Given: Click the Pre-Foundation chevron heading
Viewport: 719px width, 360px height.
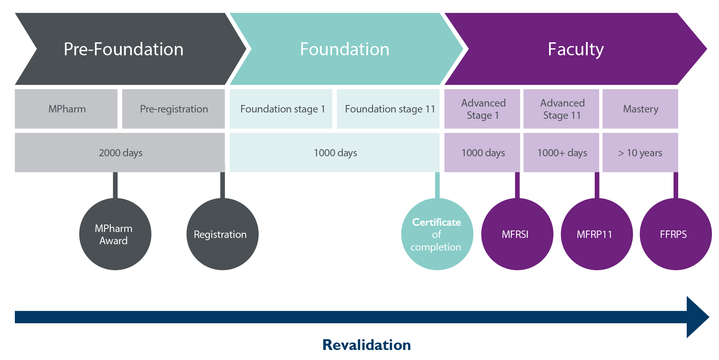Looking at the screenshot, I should point(124,49).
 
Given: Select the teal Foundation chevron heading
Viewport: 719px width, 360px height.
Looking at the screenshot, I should point(344,49).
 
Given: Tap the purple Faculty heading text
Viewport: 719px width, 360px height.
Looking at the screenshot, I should point(575,49).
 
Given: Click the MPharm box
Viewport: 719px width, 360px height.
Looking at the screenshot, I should point(67,109).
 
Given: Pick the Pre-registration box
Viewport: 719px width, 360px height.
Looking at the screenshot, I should point(174,109).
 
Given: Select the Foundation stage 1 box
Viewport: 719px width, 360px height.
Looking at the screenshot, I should point(282,109).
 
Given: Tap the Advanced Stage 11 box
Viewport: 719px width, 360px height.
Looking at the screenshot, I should point(562,109).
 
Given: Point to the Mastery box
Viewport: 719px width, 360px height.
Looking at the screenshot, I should point(640,109).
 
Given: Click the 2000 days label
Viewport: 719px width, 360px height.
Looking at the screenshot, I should point(120,153).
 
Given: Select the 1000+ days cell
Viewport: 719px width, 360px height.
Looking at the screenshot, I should point(562,153).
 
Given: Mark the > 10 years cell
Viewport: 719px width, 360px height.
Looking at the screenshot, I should point(640,153).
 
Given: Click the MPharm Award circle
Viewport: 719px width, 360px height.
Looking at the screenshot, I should point(115,234).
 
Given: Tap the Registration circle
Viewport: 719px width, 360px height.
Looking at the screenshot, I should point(222,234).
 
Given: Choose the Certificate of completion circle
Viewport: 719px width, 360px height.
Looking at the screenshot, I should point(437,234).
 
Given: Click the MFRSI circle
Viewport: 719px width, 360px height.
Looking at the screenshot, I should point(516,234).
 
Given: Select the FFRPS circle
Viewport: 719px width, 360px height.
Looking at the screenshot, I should point(675,234).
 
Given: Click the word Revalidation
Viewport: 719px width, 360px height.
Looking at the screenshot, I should point(366,345).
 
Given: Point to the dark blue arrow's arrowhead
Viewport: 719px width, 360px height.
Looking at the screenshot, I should point(697,317).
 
